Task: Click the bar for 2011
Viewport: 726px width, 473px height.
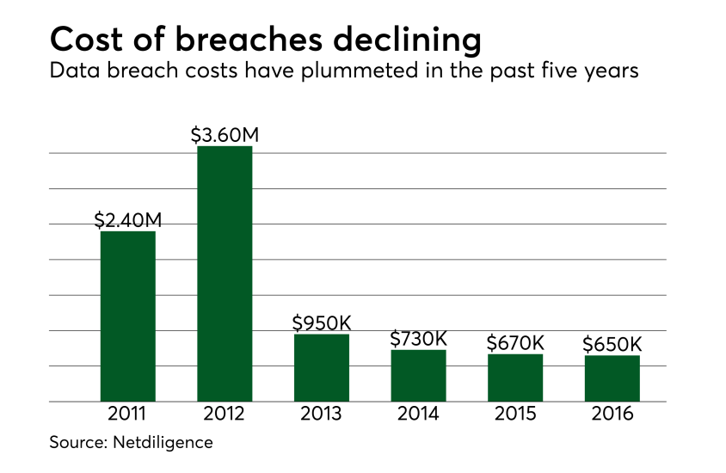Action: point(128,316)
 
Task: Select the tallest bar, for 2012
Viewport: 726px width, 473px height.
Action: point(225,273)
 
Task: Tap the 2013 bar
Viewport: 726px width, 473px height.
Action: point(322,367)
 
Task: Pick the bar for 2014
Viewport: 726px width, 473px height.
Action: point(418,375)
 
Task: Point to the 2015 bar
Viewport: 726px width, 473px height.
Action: point(515,378)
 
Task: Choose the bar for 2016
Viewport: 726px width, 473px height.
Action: point(612,378)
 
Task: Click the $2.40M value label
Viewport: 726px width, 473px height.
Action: point(128,220)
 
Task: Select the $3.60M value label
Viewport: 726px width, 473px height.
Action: point(225,135)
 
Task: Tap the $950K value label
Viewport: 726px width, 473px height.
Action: point(322,322)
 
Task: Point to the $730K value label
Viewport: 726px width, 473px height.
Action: point(418,339)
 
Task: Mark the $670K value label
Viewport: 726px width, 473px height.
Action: point(515,343)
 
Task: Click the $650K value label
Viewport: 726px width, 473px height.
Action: point(612,344)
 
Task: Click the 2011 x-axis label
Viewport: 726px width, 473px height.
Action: point(128,414)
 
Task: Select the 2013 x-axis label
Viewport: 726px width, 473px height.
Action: point(322,414)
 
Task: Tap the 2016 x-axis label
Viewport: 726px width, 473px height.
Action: point(612,414)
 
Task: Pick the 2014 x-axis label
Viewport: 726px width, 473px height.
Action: point(418,414)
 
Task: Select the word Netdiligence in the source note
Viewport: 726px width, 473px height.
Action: point(163,443)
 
